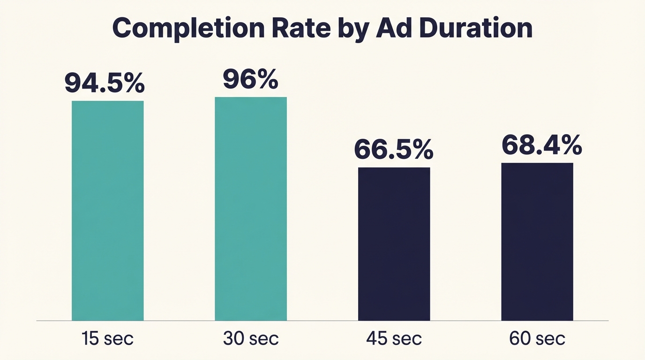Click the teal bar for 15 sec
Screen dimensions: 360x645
[107, 210]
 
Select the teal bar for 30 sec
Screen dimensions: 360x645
[251, 209]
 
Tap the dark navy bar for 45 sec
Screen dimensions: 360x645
[394, 244]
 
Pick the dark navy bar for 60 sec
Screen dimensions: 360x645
[537, 241]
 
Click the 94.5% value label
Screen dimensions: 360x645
[105, 83]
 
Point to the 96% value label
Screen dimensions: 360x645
[250, 80]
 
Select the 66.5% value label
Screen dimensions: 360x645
[394, 150]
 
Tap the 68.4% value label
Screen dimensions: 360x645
[542, 145]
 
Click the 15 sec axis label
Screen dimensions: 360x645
[107, 338]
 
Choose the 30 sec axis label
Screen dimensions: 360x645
[251, 338]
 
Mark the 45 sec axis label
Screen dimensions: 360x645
[394, 338]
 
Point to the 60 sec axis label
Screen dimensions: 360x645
[537, 338]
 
